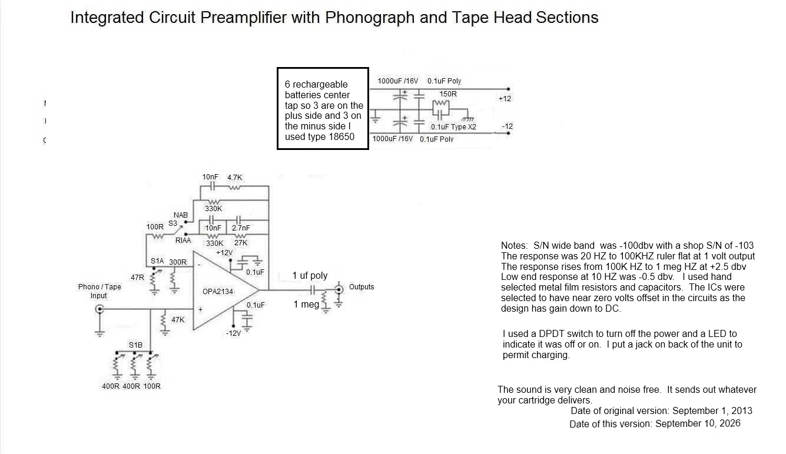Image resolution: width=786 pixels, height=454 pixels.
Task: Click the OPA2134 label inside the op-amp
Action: pos(218,291)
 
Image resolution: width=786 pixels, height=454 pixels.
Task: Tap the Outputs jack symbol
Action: pos(339,289)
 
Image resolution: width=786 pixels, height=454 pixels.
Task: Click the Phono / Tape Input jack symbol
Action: pos(100,309)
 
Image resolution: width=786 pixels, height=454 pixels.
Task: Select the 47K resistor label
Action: pos(178,320)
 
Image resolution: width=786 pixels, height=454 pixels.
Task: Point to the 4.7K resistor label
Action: pos(234,178)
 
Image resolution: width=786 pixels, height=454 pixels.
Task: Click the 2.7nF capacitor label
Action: pos(241,228)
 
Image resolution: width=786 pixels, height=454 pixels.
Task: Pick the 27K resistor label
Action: pos(241,243)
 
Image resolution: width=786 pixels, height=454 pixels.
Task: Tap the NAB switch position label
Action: pos(181,215)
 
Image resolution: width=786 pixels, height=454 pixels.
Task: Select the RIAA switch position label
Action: pos(183,240)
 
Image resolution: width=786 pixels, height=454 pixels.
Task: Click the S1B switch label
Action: pos(135,345)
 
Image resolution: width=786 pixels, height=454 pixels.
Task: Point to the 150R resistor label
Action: pos(448,94)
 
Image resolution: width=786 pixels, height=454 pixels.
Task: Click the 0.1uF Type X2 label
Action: pos(453,127)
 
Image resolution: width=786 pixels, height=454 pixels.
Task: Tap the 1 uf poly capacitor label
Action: pos(310,276)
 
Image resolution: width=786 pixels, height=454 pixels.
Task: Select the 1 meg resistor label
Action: pos(306,304)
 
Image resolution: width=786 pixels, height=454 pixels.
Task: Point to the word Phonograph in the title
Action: pos(370,18)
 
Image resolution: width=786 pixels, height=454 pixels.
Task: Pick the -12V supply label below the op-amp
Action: pos(233,333)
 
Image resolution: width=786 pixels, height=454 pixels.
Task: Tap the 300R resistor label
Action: pos(178,262)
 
